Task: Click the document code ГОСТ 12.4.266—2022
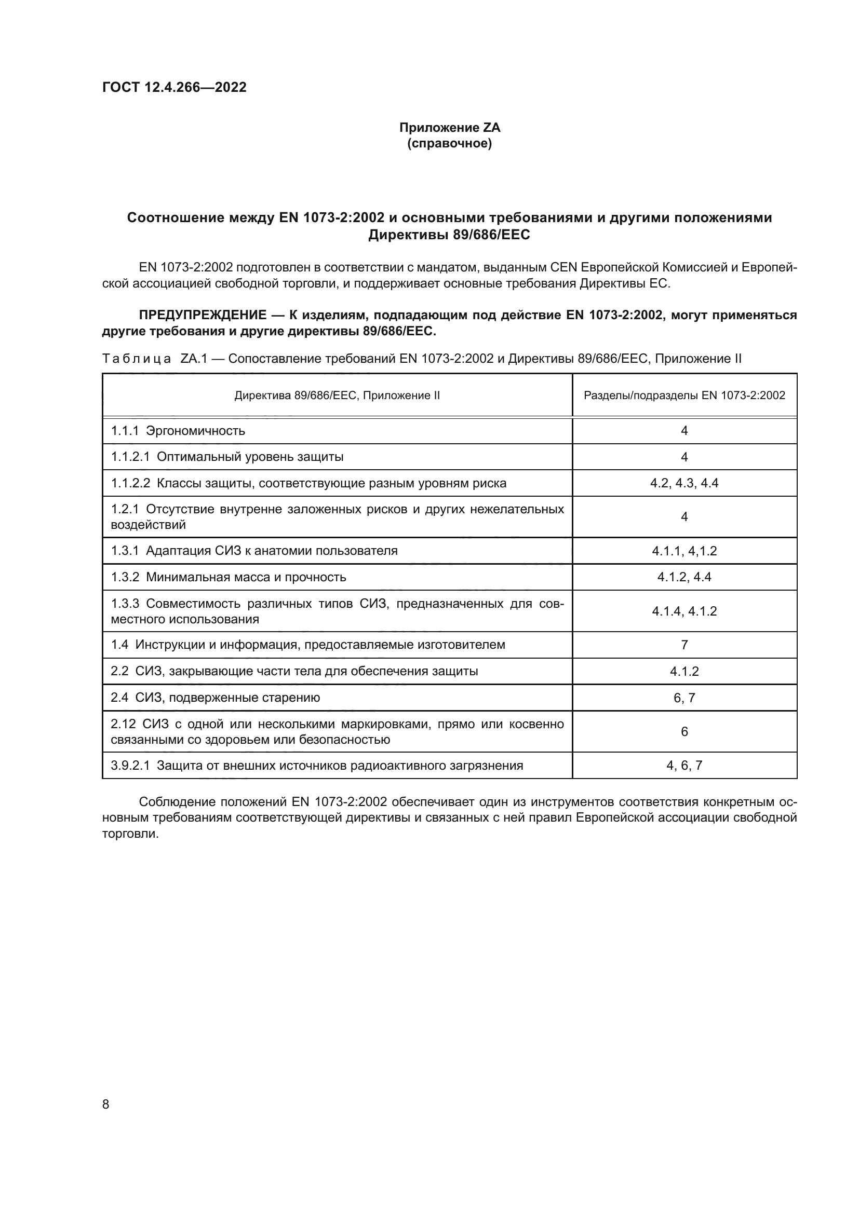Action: click(174, 87)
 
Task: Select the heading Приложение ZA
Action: click(449, 128)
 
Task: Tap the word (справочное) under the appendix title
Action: click(449, 144)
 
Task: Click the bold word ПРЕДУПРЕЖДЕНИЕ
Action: click(202, 315)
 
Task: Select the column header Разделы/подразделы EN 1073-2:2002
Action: click(684, 395)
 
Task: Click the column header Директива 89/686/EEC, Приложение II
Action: click(337, 395)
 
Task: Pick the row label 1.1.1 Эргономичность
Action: click(178, 430)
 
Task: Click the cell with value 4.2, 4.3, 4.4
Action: click(684, 483)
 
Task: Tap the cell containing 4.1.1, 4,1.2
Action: click(684, 551)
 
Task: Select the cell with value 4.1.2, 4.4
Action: click(684, 577)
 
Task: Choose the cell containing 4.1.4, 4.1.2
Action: click(684, 611)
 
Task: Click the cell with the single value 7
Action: click(684, 645)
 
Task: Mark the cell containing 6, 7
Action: click(684, 698)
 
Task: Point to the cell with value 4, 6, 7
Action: click(684, 766)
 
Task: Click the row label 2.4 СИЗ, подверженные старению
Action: click(216, 698)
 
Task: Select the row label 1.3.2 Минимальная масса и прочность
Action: click(228, 577)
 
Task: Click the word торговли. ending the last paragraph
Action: click(130, 834)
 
